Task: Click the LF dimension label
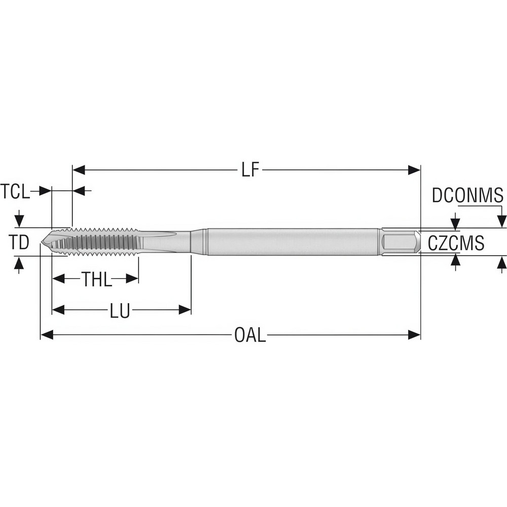(x=250, y=170)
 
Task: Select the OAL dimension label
(x=249, y=335)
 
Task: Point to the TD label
(x=19, y=242)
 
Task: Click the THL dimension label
(x=97, y=279)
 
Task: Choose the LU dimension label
(x=120, y=310)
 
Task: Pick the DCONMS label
(x=467, y=195)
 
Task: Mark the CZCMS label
(x=456, y=243)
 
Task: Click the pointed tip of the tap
(x=43, y=242)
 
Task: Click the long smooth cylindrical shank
(x=294, y=242)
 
